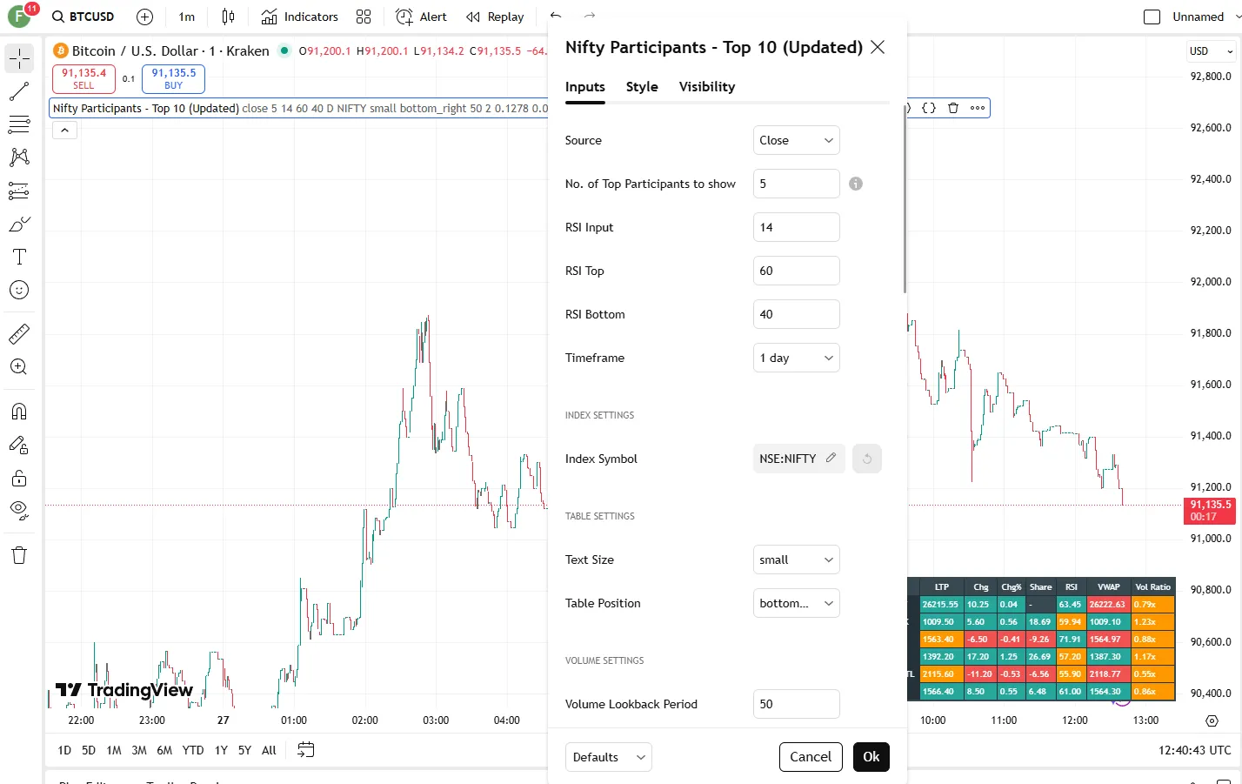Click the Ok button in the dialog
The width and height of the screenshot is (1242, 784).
[x=871, y=757]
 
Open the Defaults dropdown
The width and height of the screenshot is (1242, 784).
[x=608, y=757]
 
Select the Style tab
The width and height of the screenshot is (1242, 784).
[x=642, y=87]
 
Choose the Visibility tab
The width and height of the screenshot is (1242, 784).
[x=706, y=87]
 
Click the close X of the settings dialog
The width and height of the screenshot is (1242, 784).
[x=878, y=47]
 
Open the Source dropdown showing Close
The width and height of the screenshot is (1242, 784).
[x=796, y=140]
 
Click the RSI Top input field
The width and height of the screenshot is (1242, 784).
[x=796, y=271]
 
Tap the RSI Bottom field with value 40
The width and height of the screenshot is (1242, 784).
[x=796, y=314]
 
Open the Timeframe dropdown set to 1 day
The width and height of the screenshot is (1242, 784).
[x=796, y=358]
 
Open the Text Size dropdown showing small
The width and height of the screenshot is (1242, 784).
[x=796, y=560]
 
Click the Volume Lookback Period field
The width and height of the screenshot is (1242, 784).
[x=796, y=704]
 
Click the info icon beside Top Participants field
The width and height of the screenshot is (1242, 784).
[x=856, y=184]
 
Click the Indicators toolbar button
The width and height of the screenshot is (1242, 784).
[x=300, y=17]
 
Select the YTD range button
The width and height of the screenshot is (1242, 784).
[x=193, y=750]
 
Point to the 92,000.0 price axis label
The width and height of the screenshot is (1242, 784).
[x=1210, y=282]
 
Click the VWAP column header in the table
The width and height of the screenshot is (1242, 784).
[x=1108, y=587]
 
